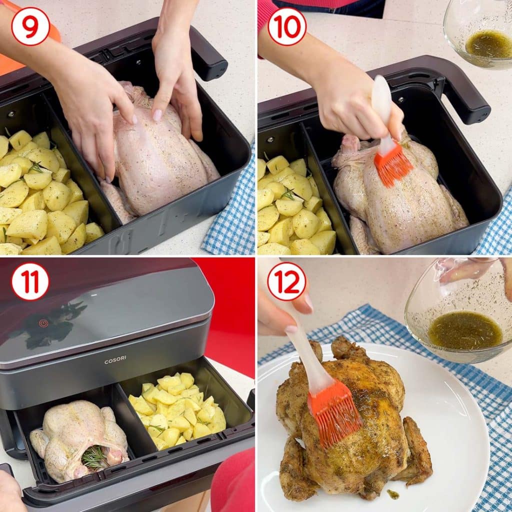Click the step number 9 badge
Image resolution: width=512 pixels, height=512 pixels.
(x=30, y=26)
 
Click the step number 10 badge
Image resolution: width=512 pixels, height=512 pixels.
(x=286, y=26)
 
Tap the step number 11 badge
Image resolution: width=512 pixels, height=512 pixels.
(x=30, y=282)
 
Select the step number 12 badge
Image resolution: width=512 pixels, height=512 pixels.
(x=286, y=281)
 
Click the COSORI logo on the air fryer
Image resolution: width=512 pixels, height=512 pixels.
(x=115, y=361)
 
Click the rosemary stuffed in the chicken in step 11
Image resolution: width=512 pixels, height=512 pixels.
(x=94, y=456)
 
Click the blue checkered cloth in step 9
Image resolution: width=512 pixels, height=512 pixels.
(x=230, y=209)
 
